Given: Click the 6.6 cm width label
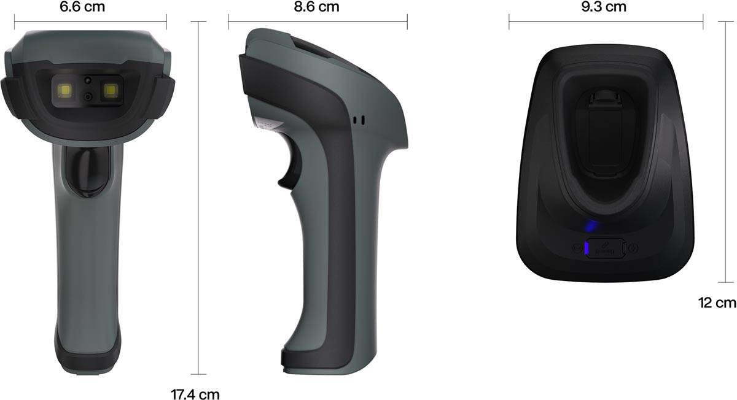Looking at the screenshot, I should pos(90,7).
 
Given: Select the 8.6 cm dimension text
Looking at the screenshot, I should pos(317,7).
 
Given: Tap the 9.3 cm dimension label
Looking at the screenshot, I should pos(605,7).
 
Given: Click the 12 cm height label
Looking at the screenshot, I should pos(717,302).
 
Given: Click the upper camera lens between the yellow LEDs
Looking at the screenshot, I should pos(88,80).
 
